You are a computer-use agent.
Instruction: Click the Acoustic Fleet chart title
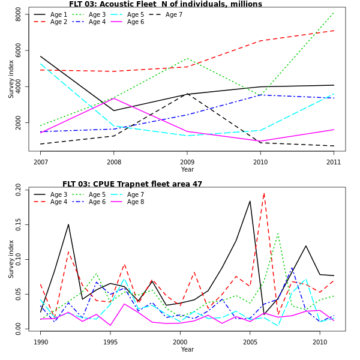tap(166, 4)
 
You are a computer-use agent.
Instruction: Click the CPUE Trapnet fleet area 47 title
tap(132, 184)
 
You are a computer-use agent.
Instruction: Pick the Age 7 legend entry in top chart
tap(174, 14)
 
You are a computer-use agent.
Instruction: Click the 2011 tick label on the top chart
tap(334, 162)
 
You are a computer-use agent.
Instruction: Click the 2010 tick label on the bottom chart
tap(320, 342)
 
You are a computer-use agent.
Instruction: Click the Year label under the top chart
tap(187, 170)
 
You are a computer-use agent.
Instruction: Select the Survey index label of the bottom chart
tap(11, 259)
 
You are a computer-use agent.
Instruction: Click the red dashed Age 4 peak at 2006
tap(264, 193)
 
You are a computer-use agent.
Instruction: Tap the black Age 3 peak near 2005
tap(250, 201)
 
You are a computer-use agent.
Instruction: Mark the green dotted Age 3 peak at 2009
tap(187, 58)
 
